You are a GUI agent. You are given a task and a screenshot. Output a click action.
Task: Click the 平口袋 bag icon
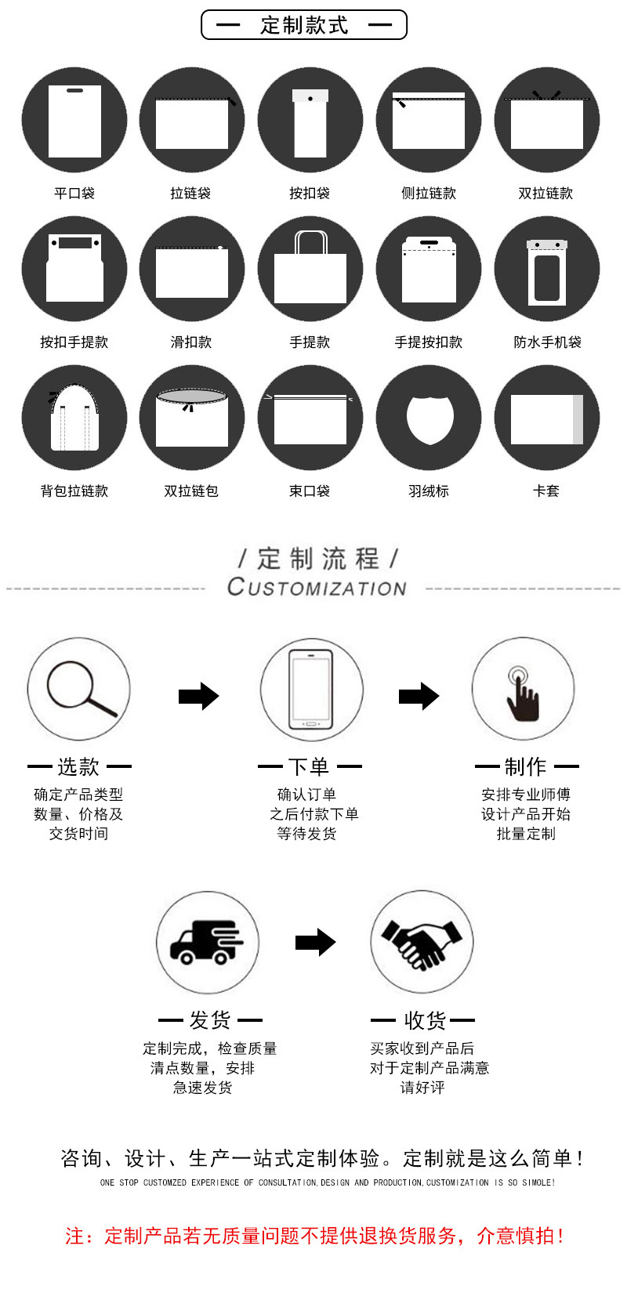(74, 120)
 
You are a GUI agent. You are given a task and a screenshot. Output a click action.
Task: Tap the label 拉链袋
(190, 193)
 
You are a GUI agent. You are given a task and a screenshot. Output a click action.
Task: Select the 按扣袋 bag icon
(310, 120)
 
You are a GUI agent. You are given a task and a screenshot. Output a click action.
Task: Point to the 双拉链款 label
(545, 193)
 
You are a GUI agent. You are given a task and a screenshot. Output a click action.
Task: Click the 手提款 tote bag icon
(310, 269)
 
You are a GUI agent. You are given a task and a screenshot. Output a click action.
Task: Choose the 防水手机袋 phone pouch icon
(547, 269)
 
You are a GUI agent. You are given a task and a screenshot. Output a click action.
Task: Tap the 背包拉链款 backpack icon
(74, 418)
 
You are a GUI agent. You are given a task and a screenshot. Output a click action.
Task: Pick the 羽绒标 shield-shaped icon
(429, 418)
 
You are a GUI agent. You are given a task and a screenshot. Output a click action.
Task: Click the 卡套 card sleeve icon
(547, 418)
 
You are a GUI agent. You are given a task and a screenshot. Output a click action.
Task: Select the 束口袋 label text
(310, 491)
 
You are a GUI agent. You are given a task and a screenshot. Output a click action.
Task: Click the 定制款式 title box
(304, 25)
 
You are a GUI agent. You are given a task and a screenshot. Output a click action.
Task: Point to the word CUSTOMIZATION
(317, 587)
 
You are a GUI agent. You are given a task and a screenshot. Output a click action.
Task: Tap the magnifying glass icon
(79, 689)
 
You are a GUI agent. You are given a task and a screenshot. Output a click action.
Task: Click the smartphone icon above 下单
(312, 689)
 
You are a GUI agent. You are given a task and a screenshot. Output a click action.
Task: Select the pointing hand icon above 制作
(523, 689)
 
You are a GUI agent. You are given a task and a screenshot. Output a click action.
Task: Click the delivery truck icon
(207, 942)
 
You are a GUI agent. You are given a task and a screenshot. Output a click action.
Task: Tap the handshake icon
(422, 942)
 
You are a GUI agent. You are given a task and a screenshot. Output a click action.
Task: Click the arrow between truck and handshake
(315, 942)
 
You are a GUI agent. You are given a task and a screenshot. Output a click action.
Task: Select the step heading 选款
(78, 766)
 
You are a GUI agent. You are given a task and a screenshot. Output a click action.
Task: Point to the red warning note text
(313, 1236)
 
